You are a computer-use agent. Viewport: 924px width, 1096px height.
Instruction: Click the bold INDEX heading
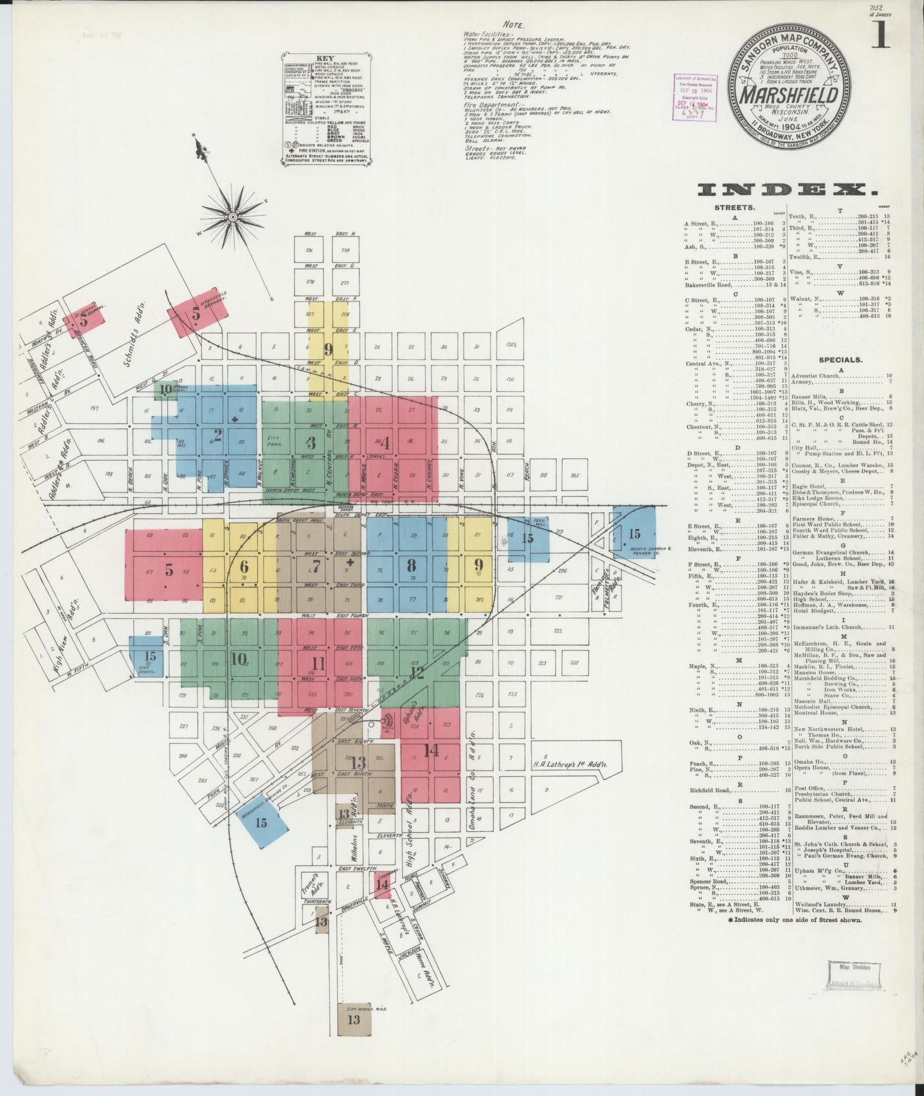pos(787,189)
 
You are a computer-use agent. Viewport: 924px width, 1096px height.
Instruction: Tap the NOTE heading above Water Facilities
pos(513,25)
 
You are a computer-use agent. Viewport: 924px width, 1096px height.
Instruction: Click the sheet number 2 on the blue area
pos(218,435)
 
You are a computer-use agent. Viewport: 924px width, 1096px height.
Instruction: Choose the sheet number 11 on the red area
pos(318,663)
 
